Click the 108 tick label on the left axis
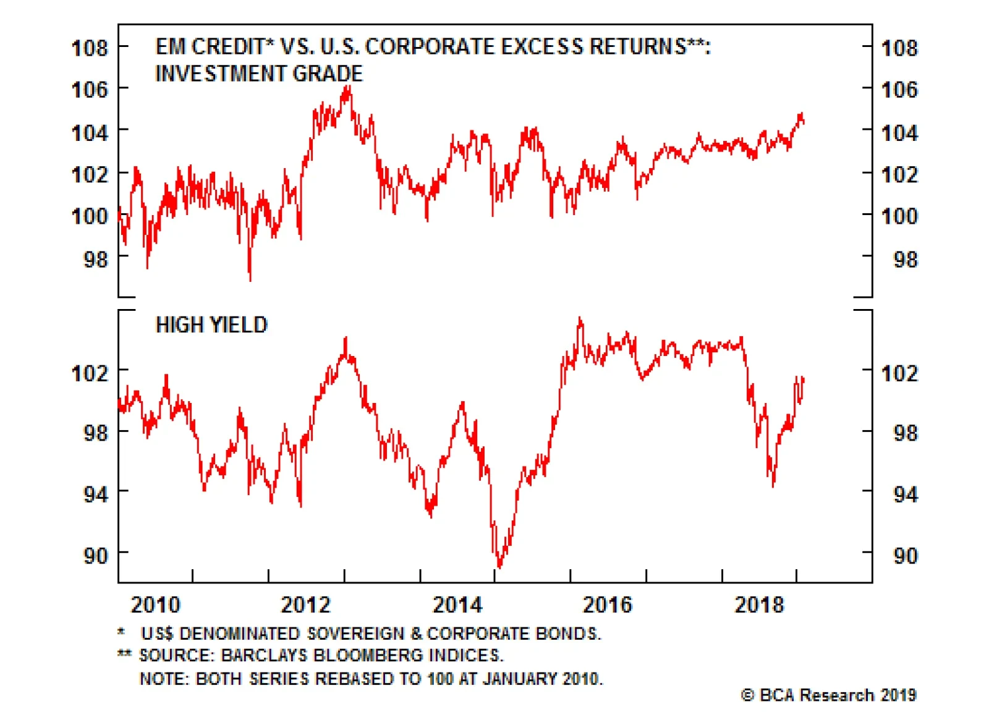tap(90, 48)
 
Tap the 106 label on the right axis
tap(899, 90)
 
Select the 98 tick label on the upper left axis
tap(96, 259)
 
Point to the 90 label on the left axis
tap(96, 556)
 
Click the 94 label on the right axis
tap(905, 494)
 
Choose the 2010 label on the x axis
tap(155, 604)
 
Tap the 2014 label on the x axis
tap(457, 604)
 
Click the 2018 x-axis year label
tap(759, 604)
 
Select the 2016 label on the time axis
tap(608, 604)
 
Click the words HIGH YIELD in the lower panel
tap(211, 325)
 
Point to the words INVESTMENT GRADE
tap(259, 74)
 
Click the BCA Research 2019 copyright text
tap(828, 695)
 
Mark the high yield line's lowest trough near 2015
tap(499, 566)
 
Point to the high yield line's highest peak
tap(580, 319)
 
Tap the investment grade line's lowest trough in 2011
tap(250, 279)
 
